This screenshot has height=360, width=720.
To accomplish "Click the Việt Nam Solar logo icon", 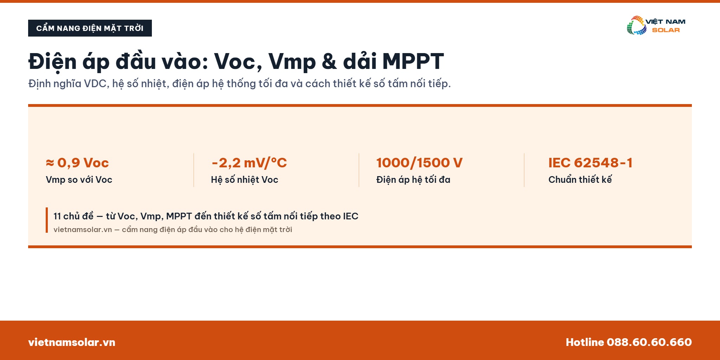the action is [636, 25].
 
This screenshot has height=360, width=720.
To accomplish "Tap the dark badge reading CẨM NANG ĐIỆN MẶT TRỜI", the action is [90, 28].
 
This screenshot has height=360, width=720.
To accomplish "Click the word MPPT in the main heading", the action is [413, 62].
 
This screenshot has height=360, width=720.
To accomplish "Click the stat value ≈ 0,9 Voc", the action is [77, 163].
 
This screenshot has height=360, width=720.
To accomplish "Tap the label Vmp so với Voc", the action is [79, 180].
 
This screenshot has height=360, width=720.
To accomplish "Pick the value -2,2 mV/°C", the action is [249, 163].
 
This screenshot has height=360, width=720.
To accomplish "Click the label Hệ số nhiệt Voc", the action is [245, 180].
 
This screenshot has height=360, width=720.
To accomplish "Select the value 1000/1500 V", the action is [419, 163].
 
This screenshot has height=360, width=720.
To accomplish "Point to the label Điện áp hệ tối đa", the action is [413, 180].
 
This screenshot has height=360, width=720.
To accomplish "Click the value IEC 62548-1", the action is [590, 163].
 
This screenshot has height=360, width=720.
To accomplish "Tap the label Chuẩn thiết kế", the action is [580, 180].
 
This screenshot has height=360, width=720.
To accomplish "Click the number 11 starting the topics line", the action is [57, 216].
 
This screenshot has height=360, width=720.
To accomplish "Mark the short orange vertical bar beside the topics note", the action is [47, 220].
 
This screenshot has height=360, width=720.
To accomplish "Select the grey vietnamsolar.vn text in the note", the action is [83, 230].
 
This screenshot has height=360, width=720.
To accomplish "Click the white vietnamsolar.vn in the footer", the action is [72, 342].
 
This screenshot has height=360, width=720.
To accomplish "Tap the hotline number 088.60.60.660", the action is [649, 342].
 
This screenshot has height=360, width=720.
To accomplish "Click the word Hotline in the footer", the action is [585, 342].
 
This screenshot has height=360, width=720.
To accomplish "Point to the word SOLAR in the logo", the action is [666, 30].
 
